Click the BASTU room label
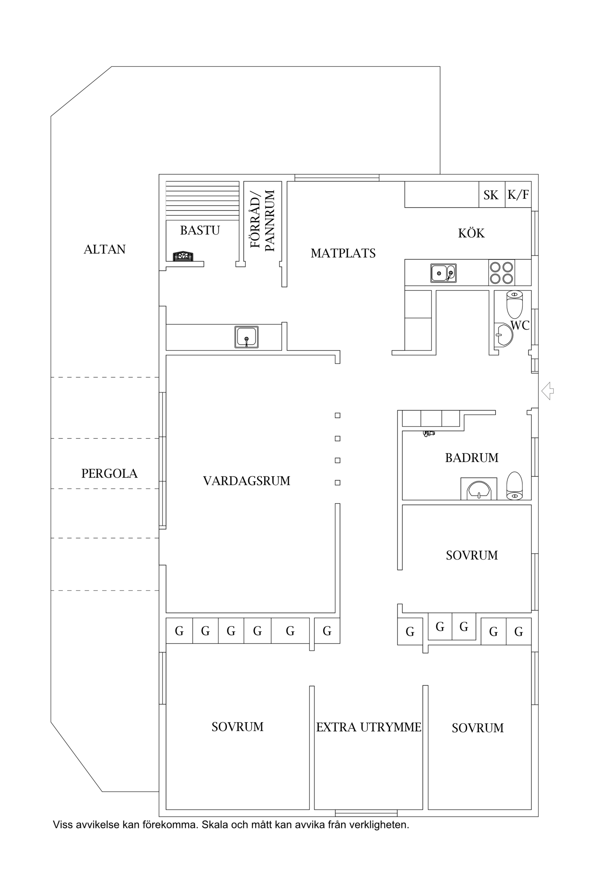200,230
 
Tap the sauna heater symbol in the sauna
183,256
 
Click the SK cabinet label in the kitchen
491,195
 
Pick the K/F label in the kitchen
518,195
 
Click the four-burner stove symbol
501,273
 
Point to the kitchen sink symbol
443,273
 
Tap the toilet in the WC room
514,304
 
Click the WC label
520,325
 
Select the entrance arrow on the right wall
547,391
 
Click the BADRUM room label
472,458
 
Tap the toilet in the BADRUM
514,485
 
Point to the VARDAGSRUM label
247,481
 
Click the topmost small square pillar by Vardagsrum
337,415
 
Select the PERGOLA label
109,474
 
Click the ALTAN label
104,249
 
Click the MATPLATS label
343,254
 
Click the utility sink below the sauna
246,337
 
